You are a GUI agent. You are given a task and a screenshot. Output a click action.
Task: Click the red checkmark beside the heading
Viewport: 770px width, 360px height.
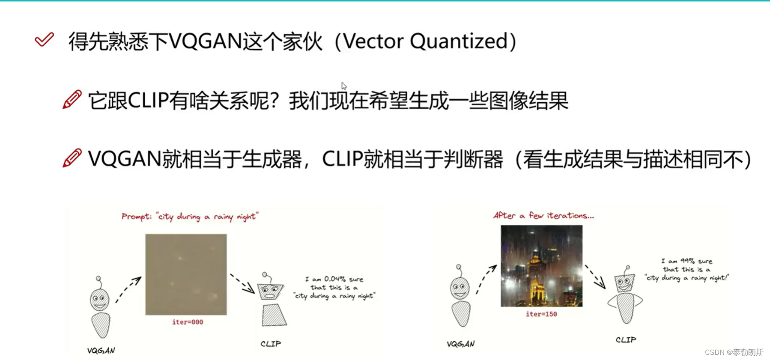pyautogui.click(x=44, y=40)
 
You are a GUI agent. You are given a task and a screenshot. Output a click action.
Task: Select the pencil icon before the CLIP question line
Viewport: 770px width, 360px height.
pyautogui.click(x=72, y=100)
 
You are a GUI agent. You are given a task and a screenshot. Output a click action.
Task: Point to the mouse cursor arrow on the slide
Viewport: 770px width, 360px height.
pyautogui.click(x=344, y=86)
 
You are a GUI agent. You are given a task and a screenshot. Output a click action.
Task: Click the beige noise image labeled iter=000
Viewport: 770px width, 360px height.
pyautogui.click(x=186, y=274)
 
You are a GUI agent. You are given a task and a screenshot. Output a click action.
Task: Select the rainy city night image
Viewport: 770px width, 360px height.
pyautogui.click(x=541, y=266)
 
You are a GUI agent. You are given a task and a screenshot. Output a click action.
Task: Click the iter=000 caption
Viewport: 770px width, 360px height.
pyautogui.click(x=188, y=322)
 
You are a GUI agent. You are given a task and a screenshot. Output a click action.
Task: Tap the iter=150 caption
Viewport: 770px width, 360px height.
pyautogui.click(x=541, y=314)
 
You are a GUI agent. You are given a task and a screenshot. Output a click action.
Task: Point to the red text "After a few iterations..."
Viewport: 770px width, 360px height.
pyautogui.click(x=543, y=215)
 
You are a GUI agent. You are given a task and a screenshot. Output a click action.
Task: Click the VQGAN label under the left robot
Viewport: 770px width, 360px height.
pyautogui.click(x=101, y=351)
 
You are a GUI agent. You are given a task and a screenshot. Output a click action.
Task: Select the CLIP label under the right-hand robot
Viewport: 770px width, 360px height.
pyautogui.click(x=626, y=340)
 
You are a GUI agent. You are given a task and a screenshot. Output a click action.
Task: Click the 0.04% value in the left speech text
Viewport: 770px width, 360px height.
pyautogui.click(x=335, y=279)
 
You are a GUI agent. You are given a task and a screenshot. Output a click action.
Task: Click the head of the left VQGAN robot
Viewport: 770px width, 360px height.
pyautogui.click(x=99, y=300)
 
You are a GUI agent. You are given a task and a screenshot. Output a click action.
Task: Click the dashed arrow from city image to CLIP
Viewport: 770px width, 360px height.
pyautogui.click(x=595, y=277)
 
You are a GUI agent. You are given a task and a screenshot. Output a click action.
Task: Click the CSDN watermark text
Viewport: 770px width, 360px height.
pyautogui.click(x=734, y=352)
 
